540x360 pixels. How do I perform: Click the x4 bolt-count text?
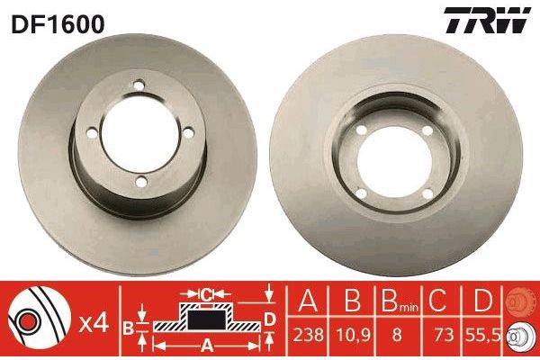[94, 321]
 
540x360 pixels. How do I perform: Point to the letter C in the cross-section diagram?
[206, 292]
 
